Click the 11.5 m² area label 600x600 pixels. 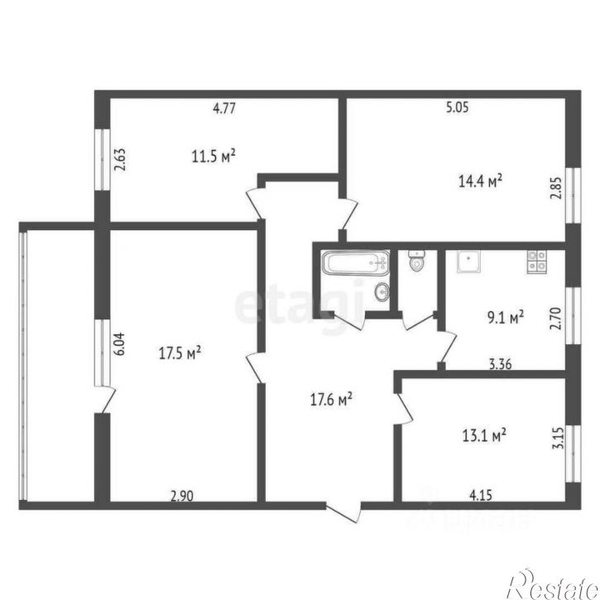click(x=214, y=156)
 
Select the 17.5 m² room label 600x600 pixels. click(x=180, y=353)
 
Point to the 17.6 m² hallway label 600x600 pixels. click(x=331, y=400)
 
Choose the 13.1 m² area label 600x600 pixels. click(x=483, y=433)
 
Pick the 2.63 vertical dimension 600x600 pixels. click(x=120, y=157)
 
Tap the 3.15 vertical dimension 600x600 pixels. click(x=559, y=437)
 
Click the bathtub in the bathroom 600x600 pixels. click(x=354, y=264)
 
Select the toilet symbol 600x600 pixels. click(x=416, y=262)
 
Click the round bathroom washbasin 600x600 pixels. click(x=382, y=291)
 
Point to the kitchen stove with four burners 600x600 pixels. click(x=535, y=262)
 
